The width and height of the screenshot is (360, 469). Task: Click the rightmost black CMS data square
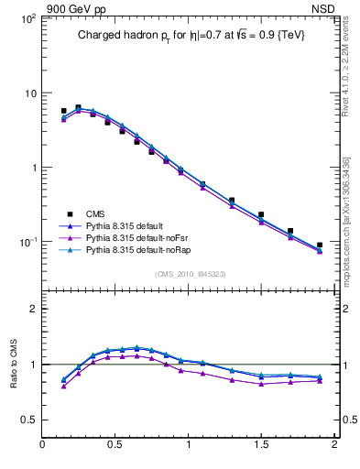tap(319, 245)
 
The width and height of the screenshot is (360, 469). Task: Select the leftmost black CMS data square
tap(63, 111)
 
